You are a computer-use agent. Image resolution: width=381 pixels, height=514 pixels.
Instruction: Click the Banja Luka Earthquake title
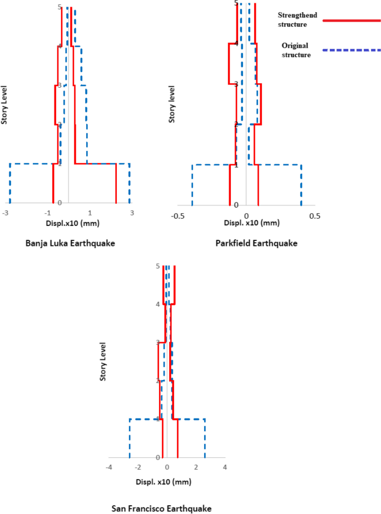[x=70, y=243]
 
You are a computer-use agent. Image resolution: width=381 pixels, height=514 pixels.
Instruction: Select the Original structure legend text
[x=295, y=50]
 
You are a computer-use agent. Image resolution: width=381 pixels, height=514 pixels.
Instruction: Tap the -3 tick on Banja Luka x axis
[x=6, y=213]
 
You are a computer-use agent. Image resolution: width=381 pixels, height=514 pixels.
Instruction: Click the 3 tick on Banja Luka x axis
[x=132, y=213]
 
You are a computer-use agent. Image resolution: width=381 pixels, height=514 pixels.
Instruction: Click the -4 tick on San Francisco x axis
[x=109, y=467]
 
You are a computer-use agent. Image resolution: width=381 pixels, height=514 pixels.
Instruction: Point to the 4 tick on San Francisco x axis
[x=225, y=467]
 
